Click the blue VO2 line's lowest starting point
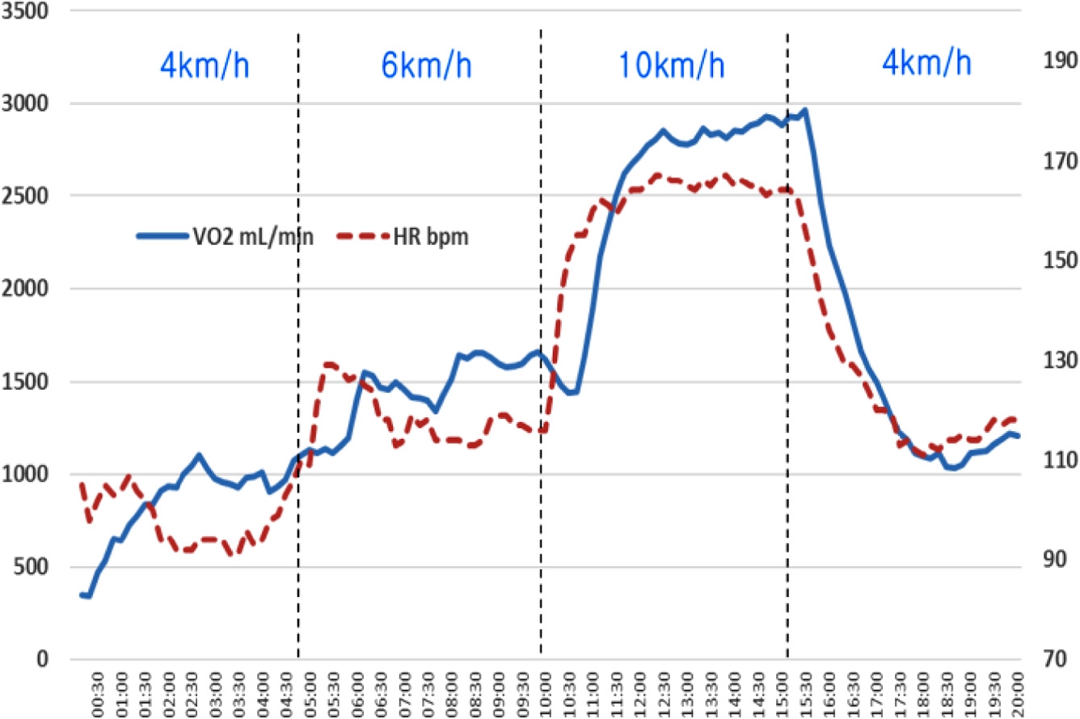click(x=88, y=597)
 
